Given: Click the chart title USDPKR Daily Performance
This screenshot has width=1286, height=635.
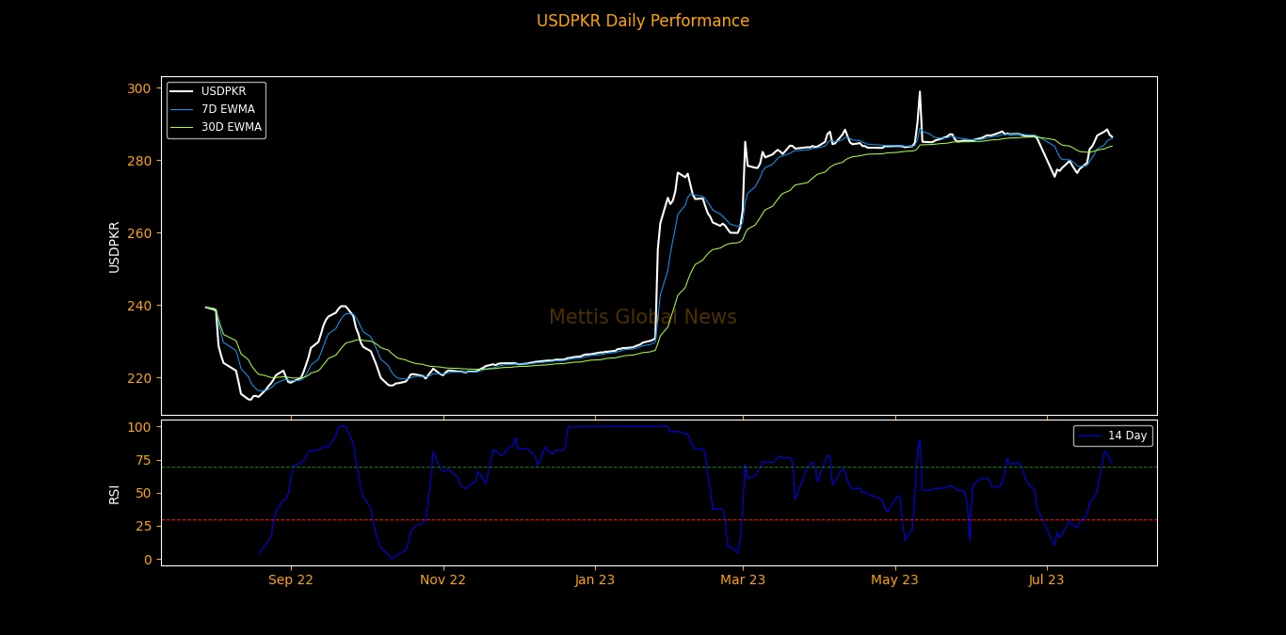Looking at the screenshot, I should (643, 21).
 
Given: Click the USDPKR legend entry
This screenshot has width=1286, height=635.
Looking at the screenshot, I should (223, 91).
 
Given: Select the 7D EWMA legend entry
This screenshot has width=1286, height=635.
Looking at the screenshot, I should (228, 109).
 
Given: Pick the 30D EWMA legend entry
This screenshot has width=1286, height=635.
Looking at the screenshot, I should (231, 127).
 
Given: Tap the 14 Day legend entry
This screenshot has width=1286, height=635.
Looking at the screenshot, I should (1127, 436).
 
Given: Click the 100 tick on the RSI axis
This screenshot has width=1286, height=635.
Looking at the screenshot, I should (139, 427).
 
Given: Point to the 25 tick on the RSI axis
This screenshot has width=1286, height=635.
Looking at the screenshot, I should (143, 526).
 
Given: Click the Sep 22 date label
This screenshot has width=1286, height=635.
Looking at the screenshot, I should (291, 580).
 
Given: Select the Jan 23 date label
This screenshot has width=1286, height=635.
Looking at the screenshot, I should (595, 580).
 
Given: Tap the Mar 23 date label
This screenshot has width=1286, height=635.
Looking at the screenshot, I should (743, 580).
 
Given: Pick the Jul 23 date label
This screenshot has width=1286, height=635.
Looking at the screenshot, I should (1046, 580).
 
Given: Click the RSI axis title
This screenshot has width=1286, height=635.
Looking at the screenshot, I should (114, 493).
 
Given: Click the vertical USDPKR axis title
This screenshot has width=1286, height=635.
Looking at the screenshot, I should (114, 246).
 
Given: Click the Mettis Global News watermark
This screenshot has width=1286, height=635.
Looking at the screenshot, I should (643, 318).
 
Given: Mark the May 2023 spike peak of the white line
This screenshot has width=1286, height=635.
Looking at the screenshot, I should (920, 92).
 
